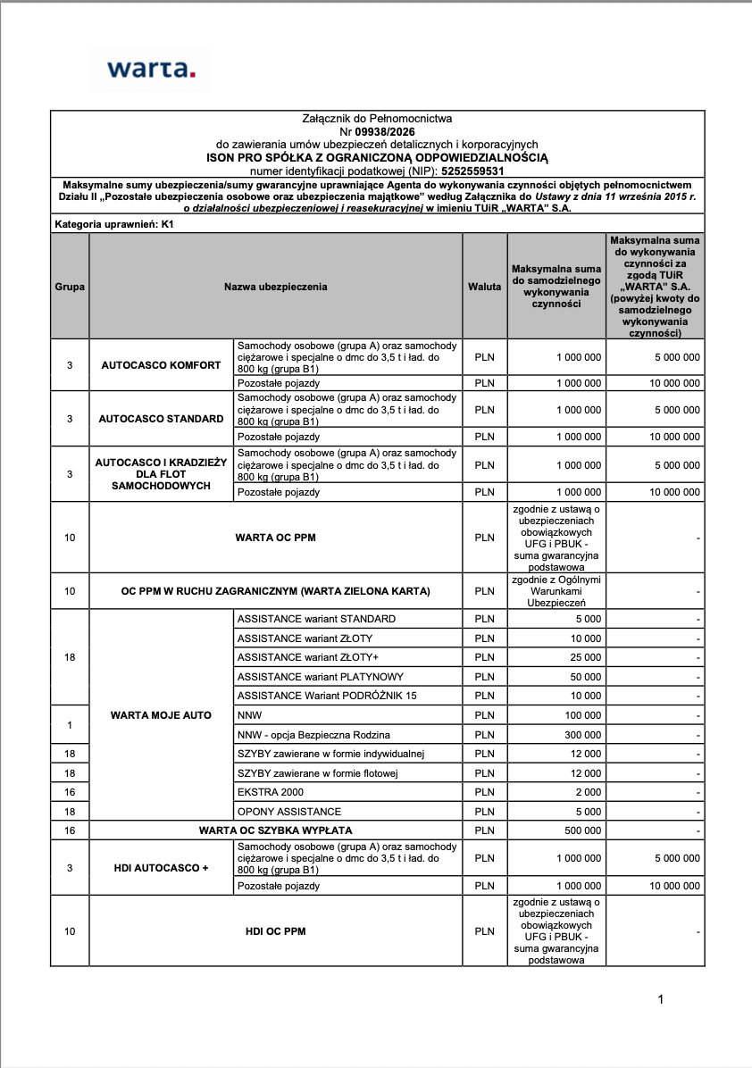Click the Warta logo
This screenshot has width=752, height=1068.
click(150, 69)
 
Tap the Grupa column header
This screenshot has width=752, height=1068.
click(70, 287)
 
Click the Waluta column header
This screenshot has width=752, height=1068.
click(485, 287)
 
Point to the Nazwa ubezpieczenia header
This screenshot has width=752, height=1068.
click(275, 287)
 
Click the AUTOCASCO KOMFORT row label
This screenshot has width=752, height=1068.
click(161, 365)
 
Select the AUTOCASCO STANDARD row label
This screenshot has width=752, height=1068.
click(161, 418)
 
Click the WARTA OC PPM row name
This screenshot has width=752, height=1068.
click(275, 538)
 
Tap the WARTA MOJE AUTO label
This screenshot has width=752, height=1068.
click(161, 715)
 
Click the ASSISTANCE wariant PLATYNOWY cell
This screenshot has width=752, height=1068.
click(321, 677)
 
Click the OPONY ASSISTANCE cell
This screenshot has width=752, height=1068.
click(289, 812)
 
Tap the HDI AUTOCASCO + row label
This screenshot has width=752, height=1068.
click(161, 867)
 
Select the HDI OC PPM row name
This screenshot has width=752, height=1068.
click(275, 931)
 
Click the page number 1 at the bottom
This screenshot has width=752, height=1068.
click(660, 999)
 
